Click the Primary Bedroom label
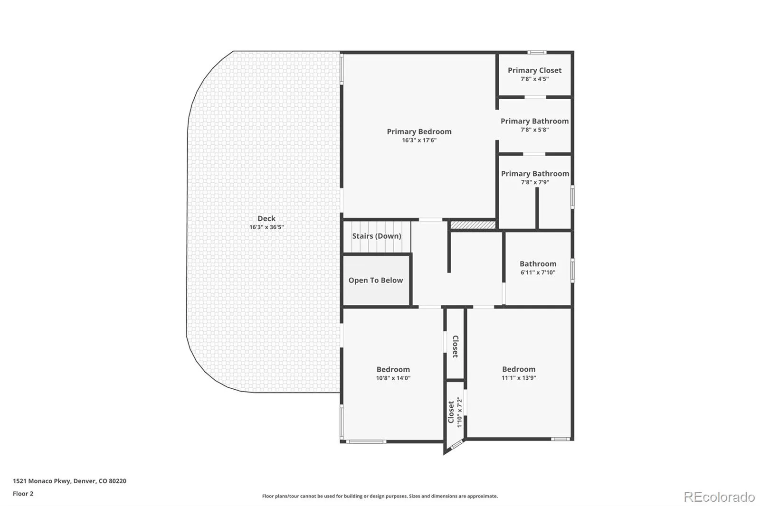coord(419,131)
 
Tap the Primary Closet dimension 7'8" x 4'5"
coord(534,79)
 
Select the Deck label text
coord(266,218)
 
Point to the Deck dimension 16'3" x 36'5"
coord(266,227)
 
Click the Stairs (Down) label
coord(377,236)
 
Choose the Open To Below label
coord(376,281)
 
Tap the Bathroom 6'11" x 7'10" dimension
coord(538,272)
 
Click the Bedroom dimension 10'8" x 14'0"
coord(393,378)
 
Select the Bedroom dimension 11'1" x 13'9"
coord(519,378)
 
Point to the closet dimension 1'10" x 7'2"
coord(460,412)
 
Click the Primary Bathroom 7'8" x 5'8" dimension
coord(534,130)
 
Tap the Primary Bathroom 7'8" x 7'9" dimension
coord(535,182)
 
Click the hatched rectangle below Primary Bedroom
coord(473,225)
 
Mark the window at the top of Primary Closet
coord(537,53)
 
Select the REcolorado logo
coord(719,497)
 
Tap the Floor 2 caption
coord(23,494)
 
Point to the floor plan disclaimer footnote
coord(380,496)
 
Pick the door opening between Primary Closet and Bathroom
coord(535,97)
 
